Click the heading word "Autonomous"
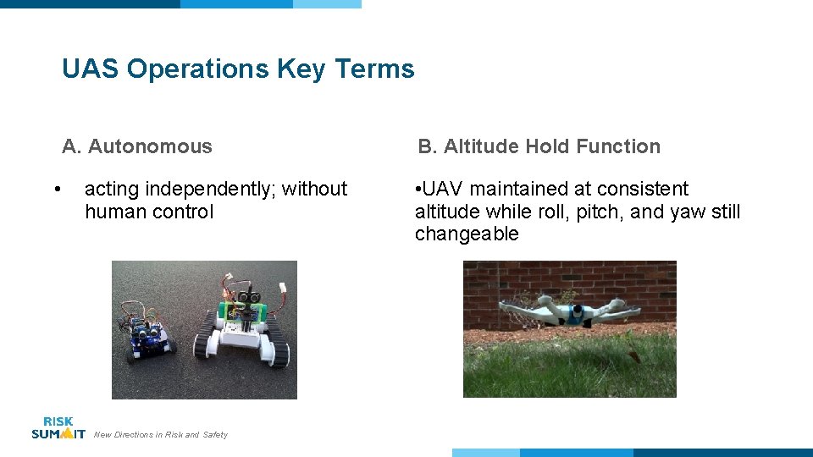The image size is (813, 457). (150, 146)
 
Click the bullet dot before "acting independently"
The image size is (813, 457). (56, 189)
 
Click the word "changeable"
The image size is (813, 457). (467, 234)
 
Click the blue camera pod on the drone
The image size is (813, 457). (577, 313)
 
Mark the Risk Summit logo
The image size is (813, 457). (58, 427)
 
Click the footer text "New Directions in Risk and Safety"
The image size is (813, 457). (161, 435)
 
